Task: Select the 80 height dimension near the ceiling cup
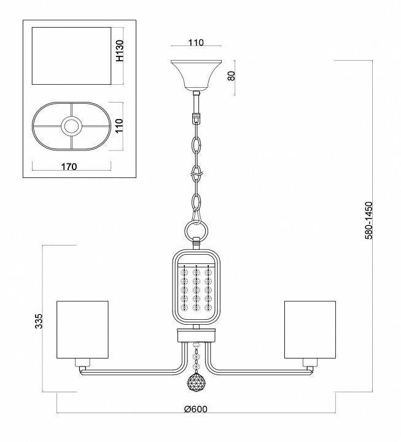232,77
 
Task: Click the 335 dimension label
38,322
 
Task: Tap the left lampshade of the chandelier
82,329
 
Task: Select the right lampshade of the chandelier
310,329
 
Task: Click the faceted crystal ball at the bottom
196,383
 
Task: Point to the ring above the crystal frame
196,232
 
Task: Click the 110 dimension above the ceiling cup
195,43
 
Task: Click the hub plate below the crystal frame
196,335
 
